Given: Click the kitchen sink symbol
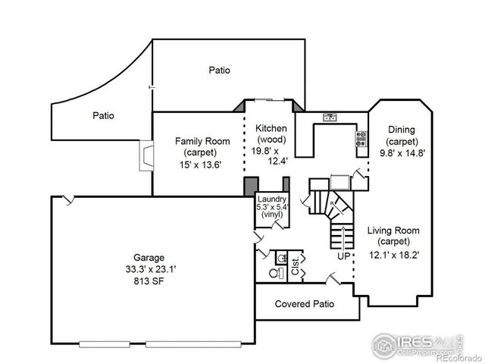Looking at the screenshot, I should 330,117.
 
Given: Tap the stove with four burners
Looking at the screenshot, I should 361,138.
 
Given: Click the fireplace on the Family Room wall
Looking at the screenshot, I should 145,157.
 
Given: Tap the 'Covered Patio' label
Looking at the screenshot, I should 305,304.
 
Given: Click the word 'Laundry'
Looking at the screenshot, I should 271,200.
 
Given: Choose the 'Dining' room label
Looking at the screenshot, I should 401,130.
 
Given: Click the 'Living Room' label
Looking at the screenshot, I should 393,231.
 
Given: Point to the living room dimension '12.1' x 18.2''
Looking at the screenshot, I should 393,255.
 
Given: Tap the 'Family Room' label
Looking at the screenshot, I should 202,141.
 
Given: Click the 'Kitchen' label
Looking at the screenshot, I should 271,128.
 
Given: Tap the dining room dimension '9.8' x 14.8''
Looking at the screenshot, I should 402,152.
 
